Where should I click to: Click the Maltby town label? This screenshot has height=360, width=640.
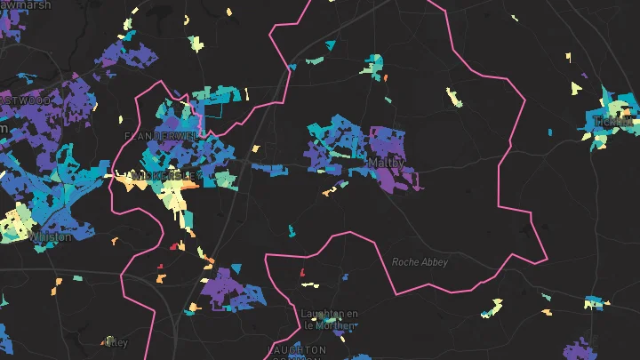click(x=386, y=164)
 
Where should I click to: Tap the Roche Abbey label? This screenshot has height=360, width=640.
click(x=420, y=262)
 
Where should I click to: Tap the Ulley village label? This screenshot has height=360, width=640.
click(x=116, y=341)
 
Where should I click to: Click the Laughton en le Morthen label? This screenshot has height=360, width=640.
click(x=329, y=319)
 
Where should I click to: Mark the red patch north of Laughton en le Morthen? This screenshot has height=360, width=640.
click(x=302, y=272)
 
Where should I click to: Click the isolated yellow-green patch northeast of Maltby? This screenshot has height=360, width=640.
click(x=454, y=95)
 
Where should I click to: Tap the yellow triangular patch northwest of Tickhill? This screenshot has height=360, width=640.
click(x=575, y=87)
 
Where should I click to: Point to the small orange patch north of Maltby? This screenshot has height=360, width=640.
click(x=387, y=78)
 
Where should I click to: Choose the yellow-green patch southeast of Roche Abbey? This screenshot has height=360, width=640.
click(x=491, y=308)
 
